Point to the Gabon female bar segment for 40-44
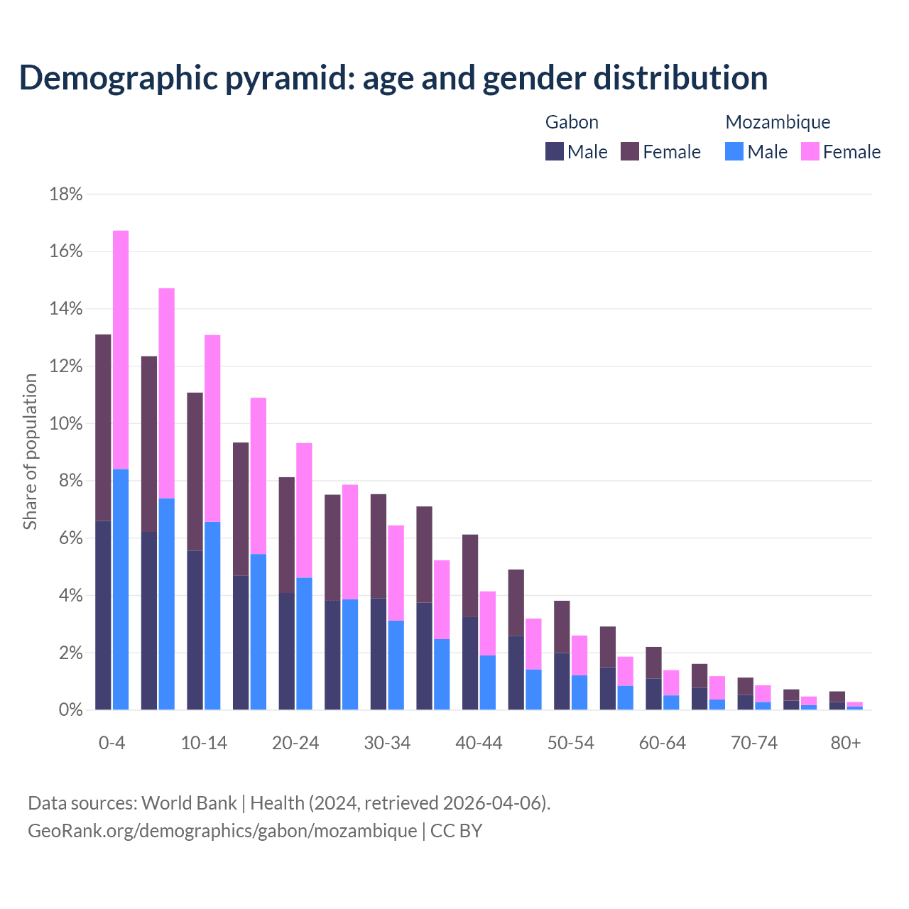coord(470,575)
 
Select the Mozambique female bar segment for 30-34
coord(396,572)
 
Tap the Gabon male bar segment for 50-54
coord(562,681)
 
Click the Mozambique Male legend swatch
coord(734,151)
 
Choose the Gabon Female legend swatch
coord(630,151)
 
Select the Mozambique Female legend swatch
coord(810,151)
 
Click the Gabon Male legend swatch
coord(555,151)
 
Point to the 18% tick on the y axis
coord(66,195)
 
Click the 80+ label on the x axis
coord(846,743)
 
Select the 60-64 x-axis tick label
coord(663,743)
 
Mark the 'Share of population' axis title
coord(31,452)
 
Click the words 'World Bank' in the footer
coord(189,803)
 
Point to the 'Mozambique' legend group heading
coord(778,122)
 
